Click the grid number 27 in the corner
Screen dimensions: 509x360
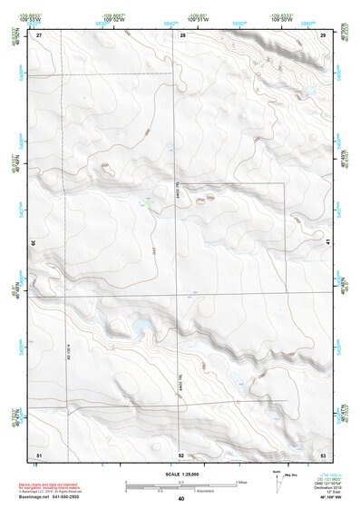tap(39, 34)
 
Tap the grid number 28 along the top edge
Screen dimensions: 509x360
tap(182, 34)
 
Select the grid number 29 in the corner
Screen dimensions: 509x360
tap(324, 34)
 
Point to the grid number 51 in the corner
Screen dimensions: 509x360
tap(39, 454)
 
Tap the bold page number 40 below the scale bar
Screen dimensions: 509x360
tap(181, 499)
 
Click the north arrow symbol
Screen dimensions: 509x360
tap(275, 480)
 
